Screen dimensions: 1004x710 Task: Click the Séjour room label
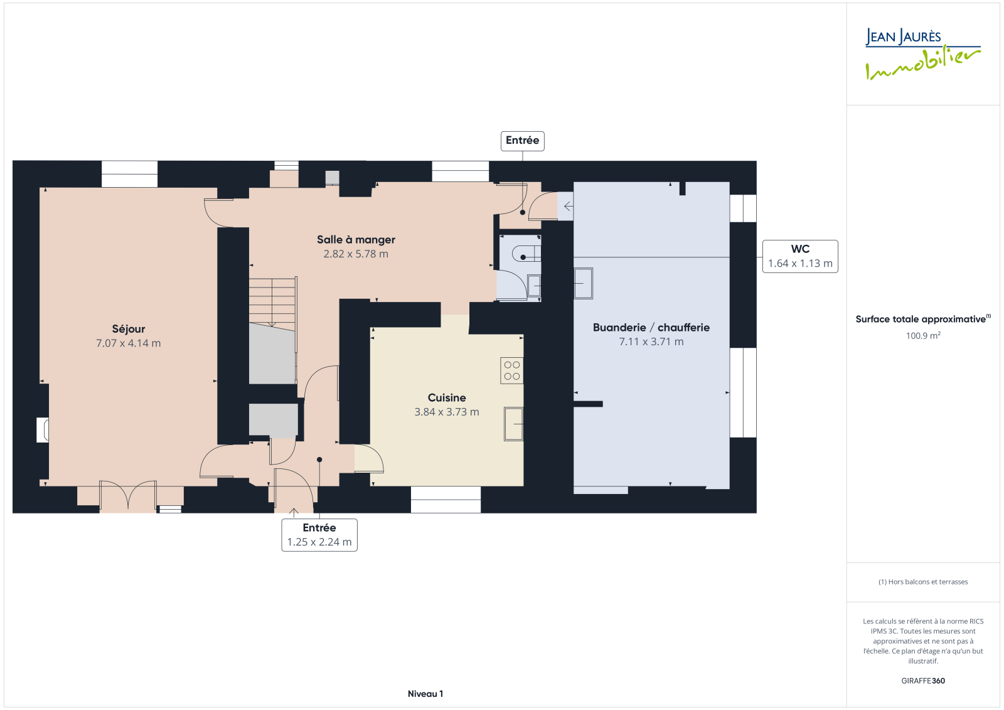(129, 329)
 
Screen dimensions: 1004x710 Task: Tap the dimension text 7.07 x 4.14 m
(128, 343)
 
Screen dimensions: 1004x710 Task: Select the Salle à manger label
(356, 240)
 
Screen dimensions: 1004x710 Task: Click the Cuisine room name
(447, 398)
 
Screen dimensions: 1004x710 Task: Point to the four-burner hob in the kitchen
(512, 370)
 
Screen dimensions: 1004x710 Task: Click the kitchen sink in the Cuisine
(514, 424)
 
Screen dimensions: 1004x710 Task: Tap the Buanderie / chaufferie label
(651, 328)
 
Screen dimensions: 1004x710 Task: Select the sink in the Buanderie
(584, 284)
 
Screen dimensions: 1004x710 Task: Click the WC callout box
(800, 256)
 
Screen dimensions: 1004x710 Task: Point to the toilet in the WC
(526, 254)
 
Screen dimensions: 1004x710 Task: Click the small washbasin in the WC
(534, 286)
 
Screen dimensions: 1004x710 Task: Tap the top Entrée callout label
(522, 141)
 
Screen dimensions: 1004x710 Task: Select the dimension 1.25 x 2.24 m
(319, 542)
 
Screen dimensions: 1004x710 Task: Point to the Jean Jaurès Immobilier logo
(923, 54)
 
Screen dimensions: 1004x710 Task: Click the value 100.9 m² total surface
(923, 335)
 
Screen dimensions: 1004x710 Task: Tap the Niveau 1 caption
(425, 694)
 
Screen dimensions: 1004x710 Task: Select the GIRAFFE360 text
(923, 681)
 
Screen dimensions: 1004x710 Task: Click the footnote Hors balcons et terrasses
(923, 582)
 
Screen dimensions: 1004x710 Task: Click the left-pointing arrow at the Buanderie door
(568, 207)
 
